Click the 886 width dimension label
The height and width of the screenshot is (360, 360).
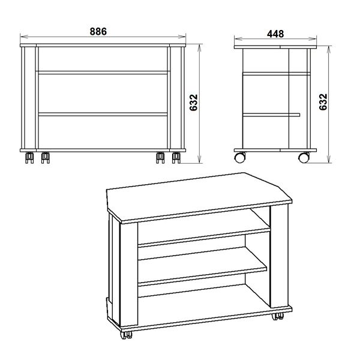pyautogui.click(x=98, y=31)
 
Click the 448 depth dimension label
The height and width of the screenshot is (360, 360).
pyautogui.click(x=275, y=34)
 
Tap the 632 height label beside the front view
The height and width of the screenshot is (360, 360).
pyautogui.click(x=194, y=103)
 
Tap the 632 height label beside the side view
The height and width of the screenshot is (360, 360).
pyautogui.click(x=323, y=102)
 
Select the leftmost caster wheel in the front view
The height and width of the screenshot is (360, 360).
pyautogui.click(x=29, y=158)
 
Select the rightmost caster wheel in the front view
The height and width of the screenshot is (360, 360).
pyautogui.click(x=176, y=158)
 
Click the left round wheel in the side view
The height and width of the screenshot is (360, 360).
pyautogui.click(x=239, y=158)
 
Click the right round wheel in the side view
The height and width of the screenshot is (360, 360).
pyautogui.click(x=304, y=158)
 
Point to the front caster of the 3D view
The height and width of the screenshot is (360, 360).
pyautogui.click(x=126, y=335)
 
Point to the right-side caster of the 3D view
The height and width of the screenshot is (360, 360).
pyautogui.click(x=278, y=316)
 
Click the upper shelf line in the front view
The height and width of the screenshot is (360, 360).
pyautogui.click(x=103, y=73)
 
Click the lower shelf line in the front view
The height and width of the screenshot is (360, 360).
pyautogui.click(x=103, y=114)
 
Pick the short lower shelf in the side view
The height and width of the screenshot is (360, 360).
pyautogui.click(x=271, y=115)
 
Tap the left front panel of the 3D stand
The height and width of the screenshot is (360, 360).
pyautogui.click(x=129, y=273)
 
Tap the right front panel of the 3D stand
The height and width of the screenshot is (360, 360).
pyautogui.click(x=279, y=256)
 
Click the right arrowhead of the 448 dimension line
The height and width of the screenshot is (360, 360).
pyautogui.click(x=313, y=39)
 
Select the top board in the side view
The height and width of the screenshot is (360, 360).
pyautogui.click(x=275, y=47)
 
